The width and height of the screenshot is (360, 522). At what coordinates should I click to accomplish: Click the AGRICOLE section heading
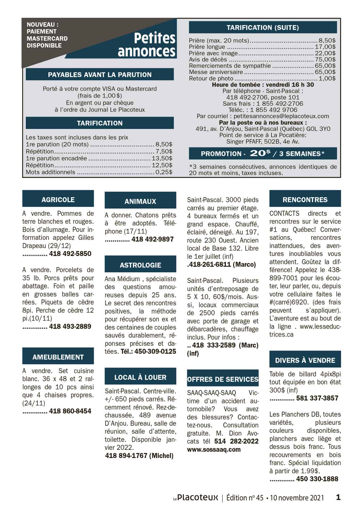pyautogui.click(x=58, y=200)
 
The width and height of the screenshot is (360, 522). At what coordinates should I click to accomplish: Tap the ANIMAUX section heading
pyautogui.click(x=140, y=201)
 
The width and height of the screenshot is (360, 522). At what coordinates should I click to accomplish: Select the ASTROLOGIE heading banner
pyautogui.click(x=140, y=265)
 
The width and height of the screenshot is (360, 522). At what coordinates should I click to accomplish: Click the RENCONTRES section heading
pyautogui.click(x=305, y=200)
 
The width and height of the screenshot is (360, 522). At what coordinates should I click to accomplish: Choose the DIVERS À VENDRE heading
pyautogui.click(x=305, y=360)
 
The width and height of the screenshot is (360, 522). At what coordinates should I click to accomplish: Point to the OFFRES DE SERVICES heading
pyautogui.click(x=223, y=379)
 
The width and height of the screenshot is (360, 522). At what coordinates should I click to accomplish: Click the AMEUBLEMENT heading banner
pyautogui.click(x=58, y=357)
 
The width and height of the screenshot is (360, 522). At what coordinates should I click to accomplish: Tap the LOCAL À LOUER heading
pyautogui.click(x=140, y=377)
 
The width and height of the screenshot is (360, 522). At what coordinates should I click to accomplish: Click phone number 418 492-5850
pyautogui.click(x=70, y=254)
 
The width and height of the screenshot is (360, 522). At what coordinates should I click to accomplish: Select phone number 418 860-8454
pyautogui.click(x=70, y=411)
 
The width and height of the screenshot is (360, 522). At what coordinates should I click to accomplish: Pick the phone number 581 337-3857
pyautogui.click(x=317, y=398)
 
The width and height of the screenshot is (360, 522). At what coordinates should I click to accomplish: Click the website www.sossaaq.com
pyautogui.click(x=214, y=449)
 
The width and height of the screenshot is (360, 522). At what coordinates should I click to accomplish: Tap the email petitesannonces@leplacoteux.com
pyautogui.click(x=281, y=116)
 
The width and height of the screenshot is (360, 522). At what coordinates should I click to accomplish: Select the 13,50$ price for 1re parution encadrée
pyautogui.click(x=162, y=158)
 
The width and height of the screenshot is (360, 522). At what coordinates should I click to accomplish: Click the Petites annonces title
pyautogui.click(x=147, y=44)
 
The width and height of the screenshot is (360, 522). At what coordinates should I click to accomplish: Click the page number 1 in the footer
pyautogui.click(x=338, y=497)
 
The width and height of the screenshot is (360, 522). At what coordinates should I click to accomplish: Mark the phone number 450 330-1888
pyautogui.click(x=317, y=479)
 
